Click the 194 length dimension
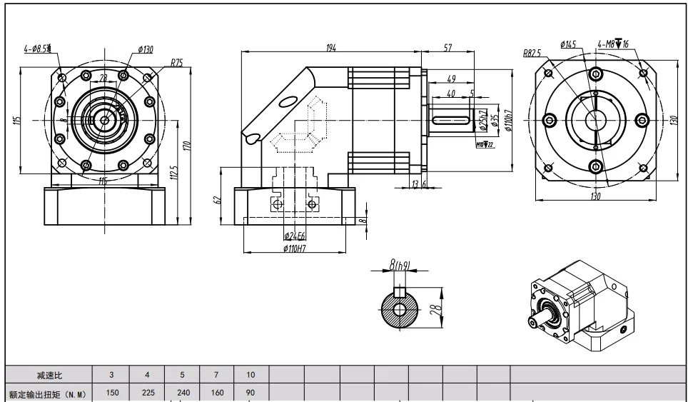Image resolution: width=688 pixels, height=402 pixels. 330,48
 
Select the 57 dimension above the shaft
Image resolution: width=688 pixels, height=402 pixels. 447,48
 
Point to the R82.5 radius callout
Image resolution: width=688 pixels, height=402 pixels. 532,52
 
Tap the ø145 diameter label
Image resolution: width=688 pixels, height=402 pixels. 568,44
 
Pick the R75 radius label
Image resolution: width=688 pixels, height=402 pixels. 176,63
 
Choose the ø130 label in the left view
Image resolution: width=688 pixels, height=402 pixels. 146,49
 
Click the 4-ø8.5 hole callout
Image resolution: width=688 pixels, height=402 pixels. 37,49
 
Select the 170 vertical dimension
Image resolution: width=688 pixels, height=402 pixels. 186,144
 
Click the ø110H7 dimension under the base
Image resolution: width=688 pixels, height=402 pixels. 295,249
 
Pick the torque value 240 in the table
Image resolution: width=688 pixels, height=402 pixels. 182,392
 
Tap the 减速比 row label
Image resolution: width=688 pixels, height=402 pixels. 50,374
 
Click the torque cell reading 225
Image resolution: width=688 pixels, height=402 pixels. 147,392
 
